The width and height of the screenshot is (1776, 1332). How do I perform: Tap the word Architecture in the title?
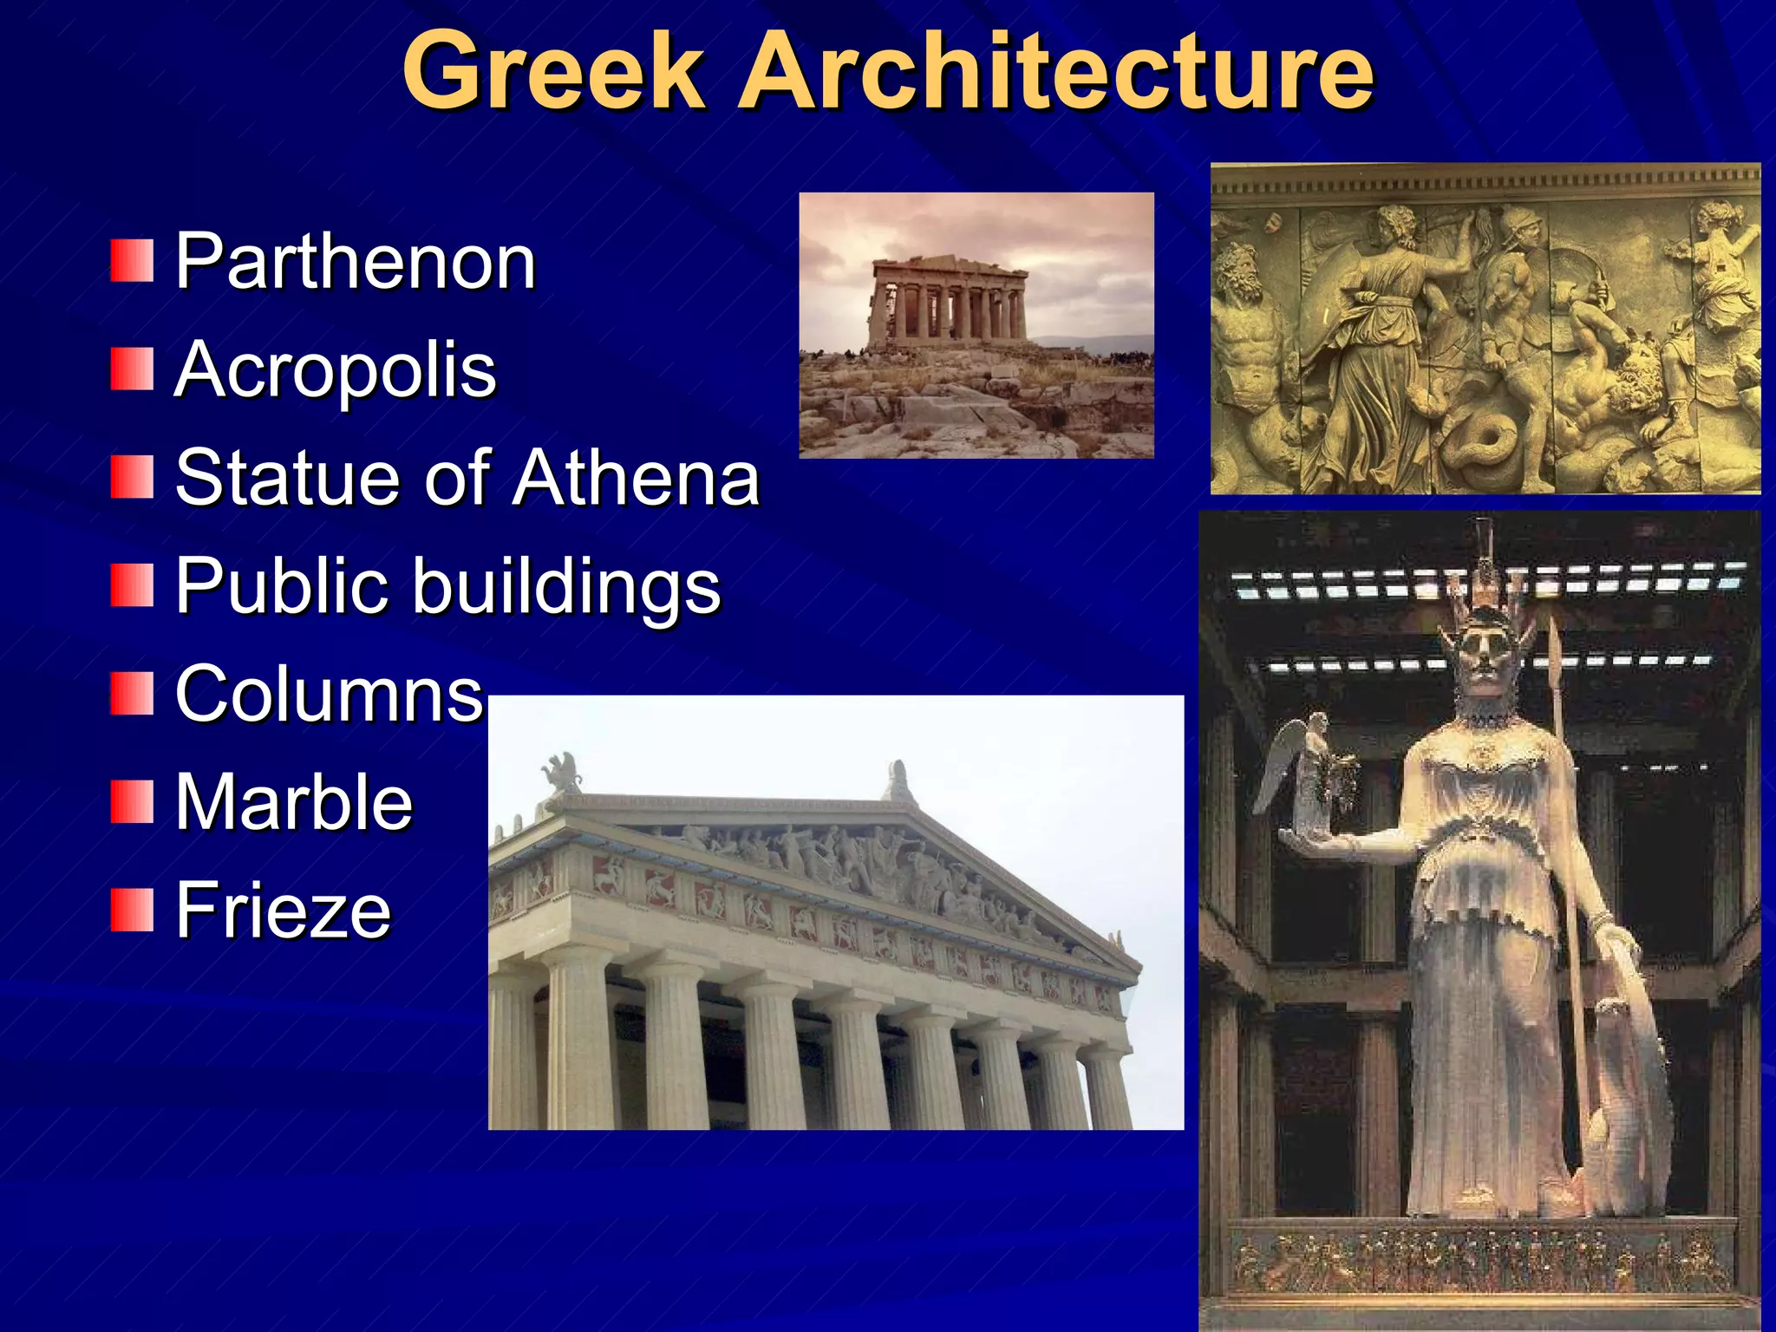(1055, 71)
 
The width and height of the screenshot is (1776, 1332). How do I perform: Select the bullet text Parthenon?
(356, 261)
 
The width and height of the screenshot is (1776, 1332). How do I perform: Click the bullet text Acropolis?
(336, 370)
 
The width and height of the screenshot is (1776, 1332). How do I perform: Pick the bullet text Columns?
(329, 694)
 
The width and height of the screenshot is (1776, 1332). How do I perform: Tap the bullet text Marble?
(294, 802)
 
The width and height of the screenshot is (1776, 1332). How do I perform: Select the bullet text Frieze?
(283, 910)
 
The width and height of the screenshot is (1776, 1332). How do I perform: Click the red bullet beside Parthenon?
(132, 261)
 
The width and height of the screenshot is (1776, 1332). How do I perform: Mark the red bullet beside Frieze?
(132, 910)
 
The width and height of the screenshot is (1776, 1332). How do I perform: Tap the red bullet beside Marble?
(132, 802)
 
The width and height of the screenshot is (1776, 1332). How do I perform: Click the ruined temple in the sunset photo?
(949, 299)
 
